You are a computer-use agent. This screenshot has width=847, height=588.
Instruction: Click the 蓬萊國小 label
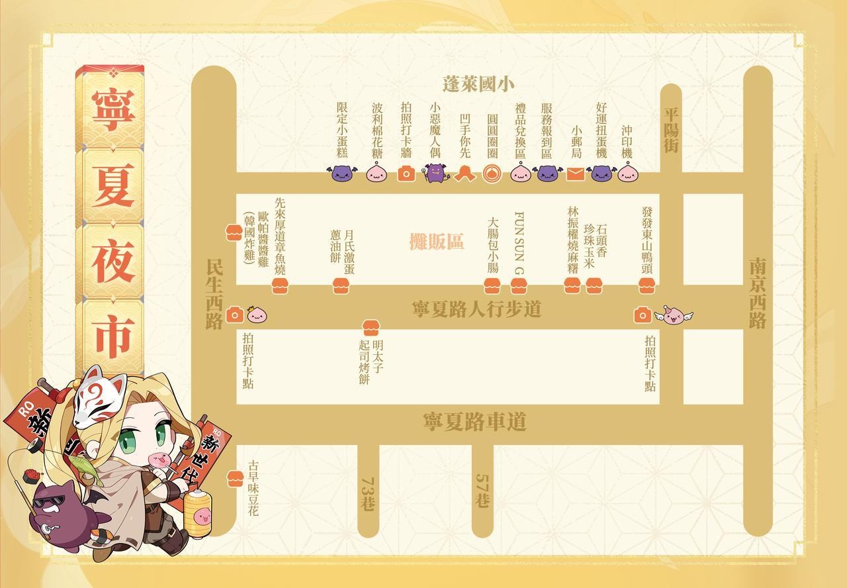[x=478, y=84]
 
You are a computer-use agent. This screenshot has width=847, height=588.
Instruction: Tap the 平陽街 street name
[x=671, y=129]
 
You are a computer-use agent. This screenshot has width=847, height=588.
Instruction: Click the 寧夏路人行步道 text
[x=476, y=309]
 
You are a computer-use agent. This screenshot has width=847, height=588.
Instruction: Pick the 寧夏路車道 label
[x=474, y=422]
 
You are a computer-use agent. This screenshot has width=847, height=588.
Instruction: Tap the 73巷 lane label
[x=368, y=493]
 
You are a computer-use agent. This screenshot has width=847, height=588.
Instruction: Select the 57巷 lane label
[x=482, y=490]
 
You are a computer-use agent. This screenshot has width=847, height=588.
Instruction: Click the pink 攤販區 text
[x=436, y=242]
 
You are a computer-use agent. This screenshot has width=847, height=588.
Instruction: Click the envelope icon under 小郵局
[x=575, y=174]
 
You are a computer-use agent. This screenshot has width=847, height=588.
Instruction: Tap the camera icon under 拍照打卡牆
[x=406, y=173]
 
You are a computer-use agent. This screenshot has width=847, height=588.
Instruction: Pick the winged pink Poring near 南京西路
[x=674, y=316]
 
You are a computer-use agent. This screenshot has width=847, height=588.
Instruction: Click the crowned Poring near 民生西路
[x=255, y=315]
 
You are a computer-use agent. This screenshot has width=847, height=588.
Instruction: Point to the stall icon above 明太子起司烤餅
[x=370, y=327]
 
